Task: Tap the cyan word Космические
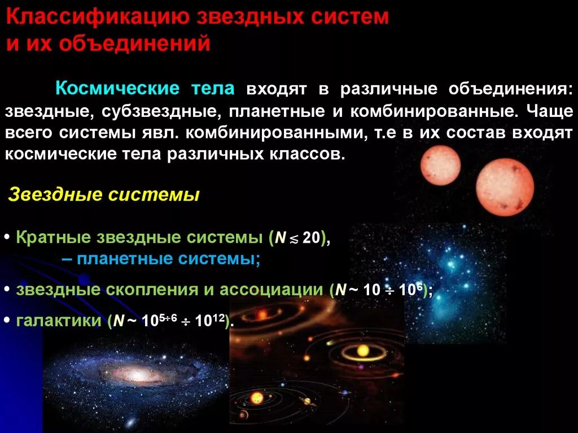[117, 89]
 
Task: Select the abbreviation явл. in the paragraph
[160, 132]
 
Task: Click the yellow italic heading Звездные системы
[104, 195]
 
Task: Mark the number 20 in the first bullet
[310, 238]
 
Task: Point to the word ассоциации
[272, 289]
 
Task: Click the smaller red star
[440, 165]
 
